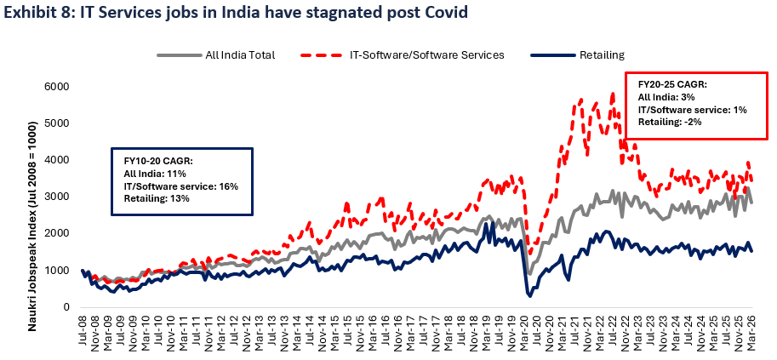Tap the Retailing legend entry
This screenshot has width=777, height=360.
pos(600,55)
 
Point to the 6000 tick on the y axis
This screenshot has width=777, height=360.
pos(56,87)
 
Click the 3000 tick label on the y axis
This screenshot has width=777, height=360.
pos(56,197)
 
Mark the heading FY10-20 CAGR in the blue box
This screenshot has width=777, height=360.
pos(158,160)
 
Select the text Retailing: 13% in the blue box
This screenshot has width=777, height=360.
pos(157,197)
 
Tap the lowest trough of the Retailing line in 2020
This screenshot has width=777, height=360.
pos(530,295)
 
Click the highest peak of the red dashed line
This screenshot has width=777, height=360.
pos(613,94)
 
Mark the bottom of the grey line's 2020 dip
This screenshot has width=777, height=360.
pos(529,273)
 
